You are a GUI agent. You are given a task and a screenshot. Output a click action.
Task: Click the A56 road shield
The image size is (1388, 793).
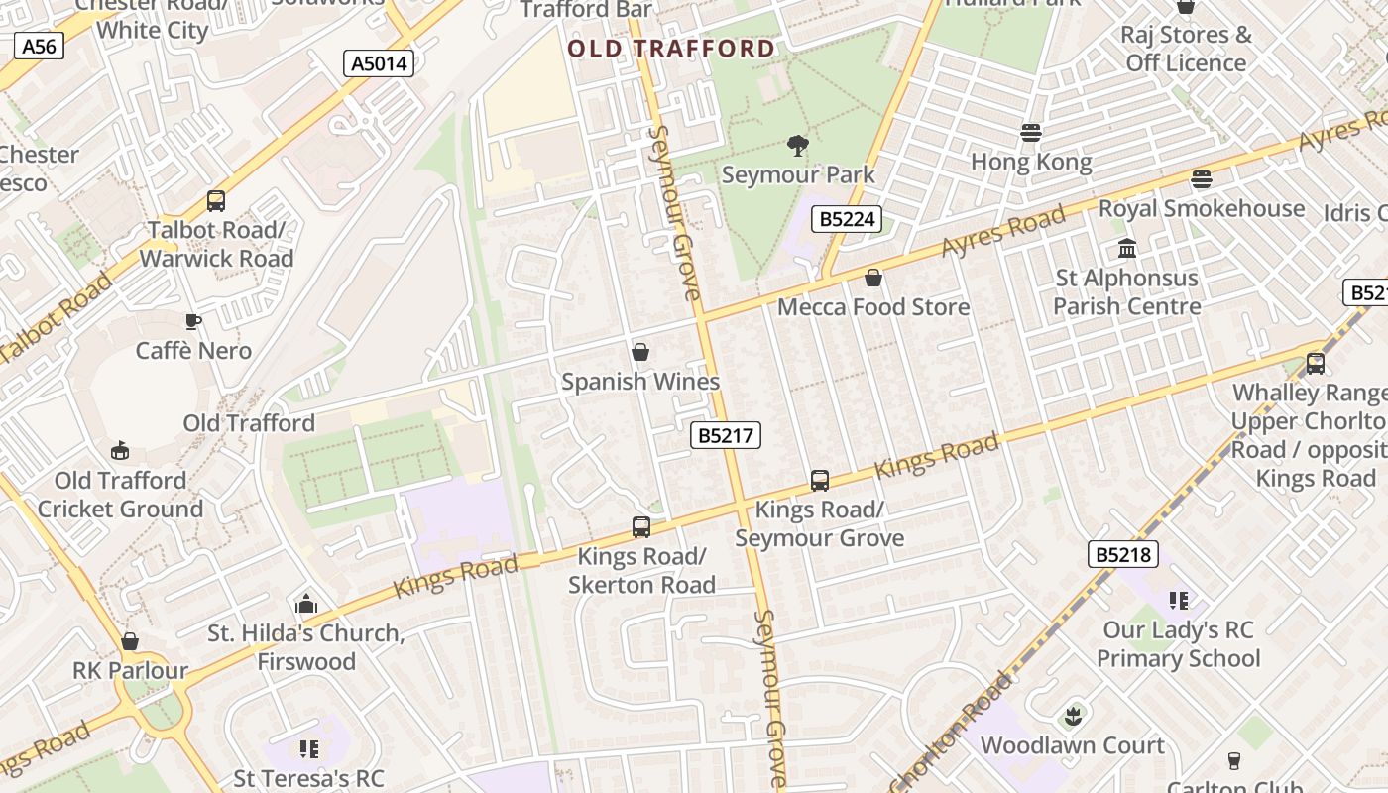[40, 46]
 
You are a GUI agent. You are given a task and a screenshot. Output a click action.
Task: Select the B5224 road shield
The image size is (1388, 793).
[847, 219]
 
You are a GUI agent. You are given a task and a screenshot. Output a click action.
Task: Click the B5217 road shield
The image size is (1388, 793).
[726, 435]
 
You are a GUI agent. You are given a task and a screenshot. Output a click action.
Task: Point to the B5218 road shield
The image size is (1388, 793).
[1122, 554]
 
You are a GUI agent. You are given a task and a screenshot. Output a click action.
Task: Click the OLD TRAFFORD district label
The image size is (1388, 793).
[671, 49]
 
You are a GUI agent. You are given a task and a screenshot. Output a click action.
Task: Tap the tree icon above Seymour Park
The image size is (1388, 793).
[797, 147]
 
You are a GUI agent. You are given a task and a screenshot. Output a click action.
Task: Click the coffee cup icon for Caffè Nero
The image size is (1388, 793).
[193, 321]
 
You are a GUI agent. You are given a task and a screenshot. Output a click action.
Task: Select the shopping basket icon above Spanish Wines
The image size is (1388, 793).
[640, 352]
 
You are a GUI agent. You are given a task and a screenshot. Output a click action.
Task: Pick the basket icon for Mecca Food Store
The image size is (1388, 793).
[873, 278]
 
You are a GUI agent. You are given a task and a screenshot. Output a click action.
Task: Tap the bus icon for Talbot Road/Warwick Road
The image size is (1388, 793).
[216, 201]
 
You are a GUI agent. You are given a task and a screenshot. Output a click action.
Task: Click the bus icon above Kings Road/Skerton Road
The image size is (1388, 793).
[641, 527]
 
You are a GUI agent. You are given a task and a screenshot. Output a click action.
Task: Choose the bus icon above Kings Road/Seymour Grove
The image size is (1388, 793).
[820, 481]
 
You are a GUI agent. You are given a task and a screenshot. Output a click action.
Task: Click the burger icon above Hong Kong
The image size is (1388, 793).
[1031, 133]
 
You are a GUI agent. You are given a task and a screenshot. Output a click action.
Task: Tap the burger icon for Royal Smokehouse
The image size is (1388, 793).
[1202, 179]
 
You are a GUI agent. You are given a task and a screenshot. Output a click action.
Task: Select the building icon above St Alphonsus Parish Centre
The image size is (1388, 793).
[1127, 248]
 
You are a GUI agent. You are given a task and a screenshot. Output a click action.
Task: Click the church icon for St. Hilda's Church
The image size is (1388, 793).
[306, 604]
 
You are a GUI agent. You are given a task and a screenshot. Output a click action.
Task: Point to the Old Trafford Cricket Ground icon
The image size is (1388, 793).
[120, 451]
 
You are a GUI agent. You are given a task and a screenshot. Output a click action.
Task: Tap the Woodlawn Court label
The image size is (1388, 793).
[1073, 745]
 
